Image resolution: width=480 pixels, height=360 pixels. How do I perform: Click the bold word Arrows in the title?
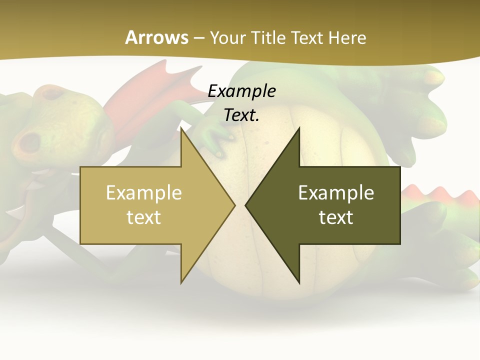[x=156, y=37]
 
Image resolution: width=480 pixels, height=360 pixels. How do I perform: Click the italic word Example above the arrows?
[x=241, y=91]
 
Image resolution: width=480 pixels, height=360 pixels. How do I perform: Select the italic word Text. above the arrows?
[x=241, y=115]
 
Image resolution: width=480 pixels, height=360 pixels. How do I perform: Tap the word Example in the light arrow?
[x=144, y=192]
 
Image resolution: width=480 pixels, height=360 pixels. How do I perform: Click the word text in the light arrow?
[x=144, y=217]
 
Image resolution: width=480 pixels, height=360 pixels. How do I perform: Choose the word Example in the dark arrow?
[x=336, y=192]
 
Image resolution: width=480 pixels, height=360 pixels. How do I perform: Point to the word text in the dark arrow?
[x=336, y=217]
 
